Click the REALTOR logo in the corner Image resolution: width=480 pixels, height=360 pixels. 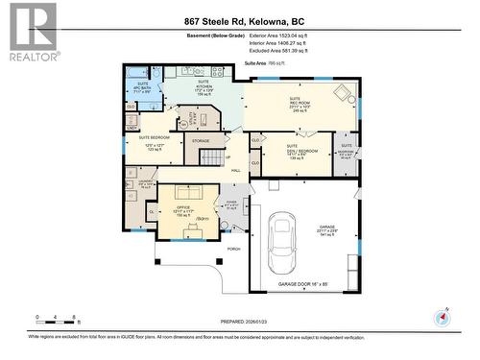[x=29, y=32]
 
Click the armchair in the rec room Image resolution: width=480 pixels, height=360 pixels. [x=341, y=93]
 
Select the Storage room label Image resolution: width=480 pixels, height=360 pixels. [x=200, y=141]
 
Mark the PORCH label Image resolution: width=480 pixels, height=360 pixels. [x=233, y=249]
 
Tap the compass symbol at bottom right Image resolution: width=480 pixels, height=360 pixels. [x=443, y=317]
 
